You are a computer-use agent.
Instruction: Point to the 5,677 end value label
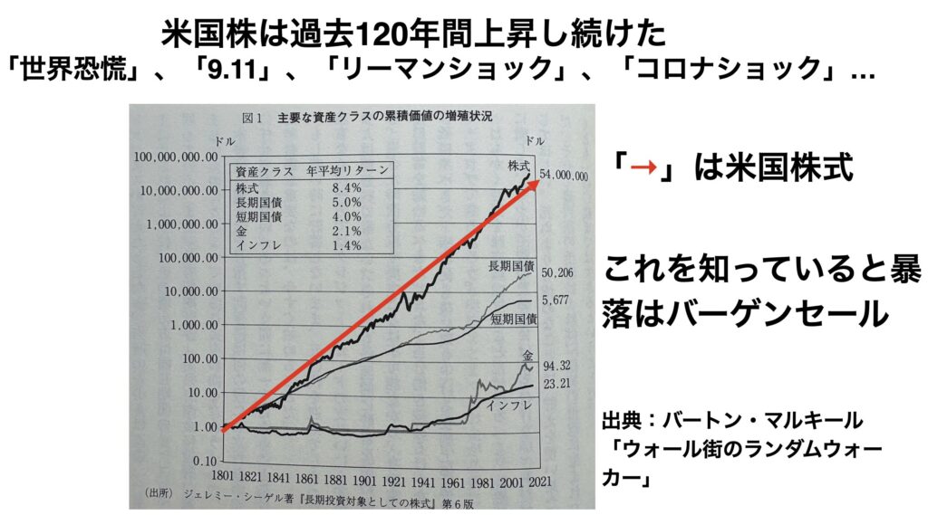[556, 300]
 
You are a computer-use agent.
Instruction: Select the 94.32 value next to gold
[556, 367]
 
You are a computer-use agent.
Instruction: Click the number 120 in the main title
[375, 33]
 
